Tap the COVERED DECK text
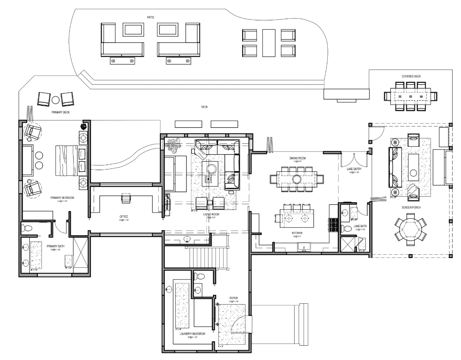[x=411, y=76]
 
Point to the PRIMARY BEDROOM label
[x=63, y=198]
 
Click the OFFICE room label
[x=124, y=217]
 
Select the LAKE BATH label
[x=360, y=226]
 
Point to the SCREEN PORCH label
[x=411, y=208]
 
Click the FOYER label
[x=233, y=298]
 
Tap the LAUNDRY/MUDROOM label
[x=190, y=333]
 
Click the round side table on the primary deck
[x=56, y=100]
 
